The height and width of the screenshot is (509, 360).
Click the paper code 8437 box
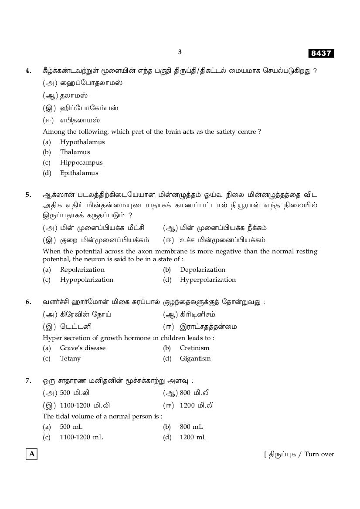tap(321, 54)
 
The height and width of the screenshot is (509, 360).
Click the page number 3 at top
tap(180, 52)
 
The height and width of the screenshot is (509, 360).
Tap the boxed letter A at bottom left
tap(31, 455)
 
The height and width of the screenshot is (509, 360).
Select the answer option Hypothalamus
tap(82, 142)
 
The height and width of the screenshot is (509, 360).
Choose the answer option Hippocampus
tap(81, 162)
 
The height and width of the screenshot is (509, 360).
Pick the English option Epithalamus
tap(79, 173)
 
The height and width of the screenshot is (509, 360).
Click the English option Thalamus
tap(75, 152)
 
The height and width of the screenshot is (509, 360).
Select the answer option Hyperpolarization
tap(207, 280)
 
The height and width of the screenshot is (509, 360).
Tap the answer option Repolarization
tap(82, 270)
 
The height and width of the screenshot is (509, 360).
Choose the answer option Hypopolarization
tap(86, 280)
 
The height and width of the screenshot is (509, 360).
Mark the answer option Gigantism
tap(195, 358)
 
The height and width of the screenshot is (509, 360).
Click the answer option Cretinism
tap(194, 348)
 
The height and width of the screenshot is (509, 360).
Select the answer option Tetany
tap(70, 358)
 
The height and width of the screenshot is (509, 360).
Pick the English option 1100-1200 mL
tap(81, 437)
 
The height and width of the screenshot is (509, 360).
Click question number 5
tap(28, 195)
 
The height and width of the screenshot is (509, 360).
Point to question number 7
tap(28, 381)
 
